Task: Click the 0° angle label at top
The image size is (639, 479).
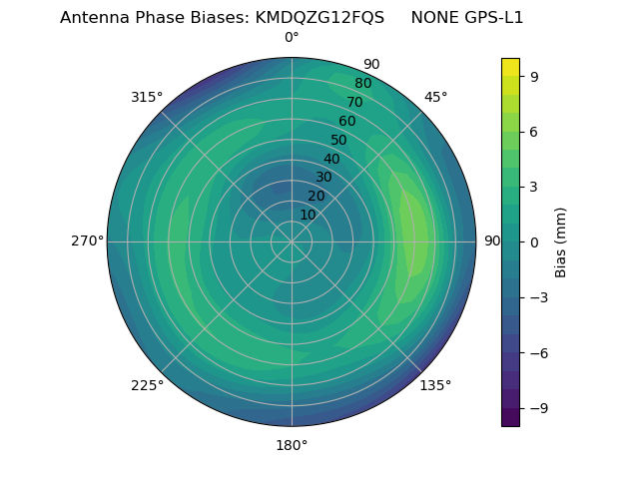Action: (x=292, y=38)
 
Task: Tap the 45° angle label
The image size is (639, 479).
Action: (x=435, y=97)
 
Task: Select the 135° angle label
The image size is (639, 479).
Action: (x=435, y=385)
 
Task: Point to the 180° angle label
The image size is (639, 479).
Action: (x=292, y=445)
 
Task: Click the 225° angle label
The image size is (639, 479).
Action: (x=147, y=385)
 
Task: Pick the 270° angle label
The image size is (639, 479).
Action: (x=87, y=241)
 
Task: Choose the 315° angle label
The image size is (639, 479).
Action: (x=147, y=97)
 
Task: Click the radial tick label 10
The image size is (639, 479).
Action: (x=308, y=215)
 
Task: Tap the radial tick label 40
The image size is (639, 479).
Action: (x=331, y=159)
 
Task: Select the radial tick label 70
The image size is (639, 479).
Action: (x=355, y=102)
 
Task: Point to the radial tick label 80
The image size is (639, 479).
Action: (x=363, y=84)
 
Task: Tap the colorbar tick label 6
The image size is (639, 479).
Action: (x=535, y=132)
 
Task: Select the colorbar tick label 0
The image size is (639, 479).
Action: (x=535, y=242)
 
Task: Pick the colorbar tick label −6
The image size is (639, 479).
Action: (x=539, y=353)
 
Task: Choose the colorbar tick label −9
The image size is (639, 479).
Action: (x=539, y=408)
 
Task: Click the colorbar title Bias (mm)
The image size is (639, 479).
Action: (x=561, y=242)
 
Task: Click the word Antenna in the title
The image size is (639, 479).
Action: (x=92, y=18)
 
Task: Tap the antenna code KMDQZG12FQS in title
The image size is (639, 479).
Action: (x=319, y=18)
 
